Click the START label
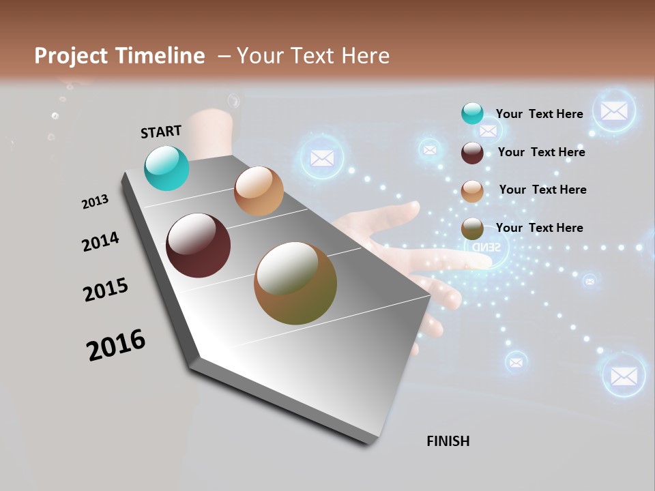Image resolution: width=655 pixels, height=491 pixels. point(161,132)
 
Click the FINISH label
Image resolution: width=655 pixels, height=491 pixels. point(448,441)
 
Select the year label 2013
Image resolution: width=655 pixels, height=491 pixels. point(95,202)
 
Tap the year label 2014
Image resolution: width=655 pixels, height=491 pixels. point(100,241)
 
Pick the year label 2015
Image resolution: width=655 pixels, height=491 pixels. point(106,290)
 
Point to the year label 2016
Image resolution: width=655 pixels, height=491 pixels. point(116,345)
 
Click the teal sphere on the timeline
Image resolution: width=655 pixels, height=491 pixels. point(167,168)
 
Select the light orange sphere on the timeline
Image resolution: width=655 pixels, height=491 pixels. point(259,191)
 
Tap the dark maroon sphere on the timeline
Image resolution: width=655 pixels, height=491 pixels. point(199,245)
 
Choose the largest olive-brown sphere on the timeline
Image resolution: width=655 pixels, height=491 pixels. point(295,283)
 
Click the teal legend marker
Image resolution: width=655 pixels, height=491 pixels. point(472,114)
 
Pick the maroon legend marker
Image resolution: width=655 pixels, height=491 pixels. point(472,153)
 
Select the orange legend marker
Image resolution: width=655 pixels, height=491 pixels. point(472,191)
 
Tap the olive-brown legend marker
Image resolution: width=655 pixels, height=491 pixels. point(472,228)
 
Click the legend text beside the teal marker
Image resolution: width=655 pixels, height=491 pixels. point(539,114)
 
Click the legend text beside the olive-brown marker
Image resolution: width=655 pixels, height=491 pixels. point(539,228)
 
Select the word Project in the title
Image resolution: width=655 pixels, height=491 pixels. point(71,56)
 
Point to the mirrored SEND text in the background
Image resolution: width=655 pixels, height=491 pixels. point(486,246)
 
